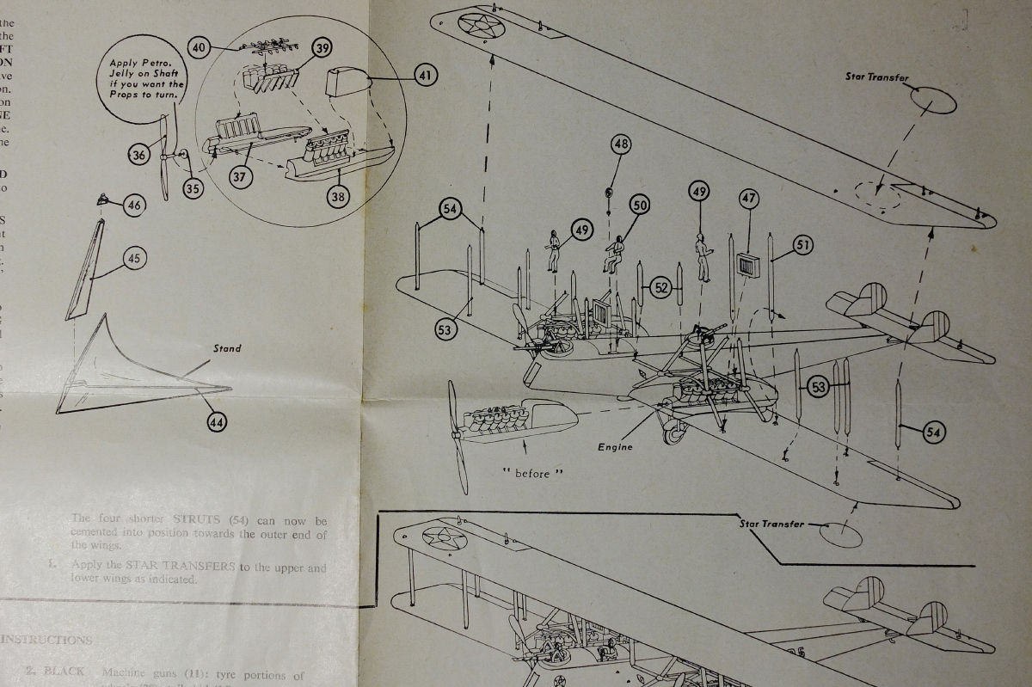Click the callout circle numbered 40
(200, 47)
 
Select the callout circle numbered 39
(322, 48)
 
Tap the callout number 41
(425, 76)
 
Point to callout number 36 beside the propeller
(138, 155)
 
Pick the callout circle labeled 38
(338, 197)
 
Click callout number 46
(133, 205)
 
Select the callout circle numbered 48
(621, 144)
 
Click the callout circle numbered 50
(639, 205)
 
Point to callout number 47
(749, 199)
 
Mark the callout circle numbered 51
(803, 245)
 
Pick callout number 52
(660, 288)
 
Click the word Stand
(227, 348)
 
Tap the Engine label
(615, 447)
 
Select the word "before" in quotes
(532, 474)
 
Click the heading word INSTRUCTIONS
(46, 640)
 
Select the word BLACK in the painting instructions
(64, 672)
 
